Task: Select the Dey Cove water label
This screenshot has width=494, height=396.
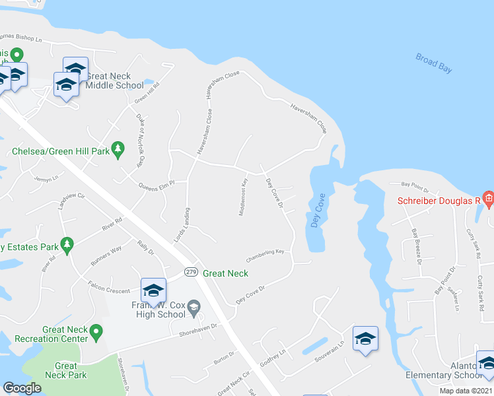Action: (316, 211)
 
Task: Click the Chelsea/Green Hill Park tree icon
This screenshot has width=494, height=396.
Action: (118, 149)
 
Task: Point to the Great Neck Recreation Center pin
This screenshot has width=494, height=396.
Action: (96, 331)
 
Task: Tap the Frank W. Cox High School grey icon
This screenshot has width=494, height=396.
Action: (194, 306)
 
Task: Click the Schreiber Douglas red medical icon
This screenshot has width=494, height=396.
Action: (488, 199)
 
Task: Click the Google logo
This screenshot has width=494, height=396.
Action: (22, 388)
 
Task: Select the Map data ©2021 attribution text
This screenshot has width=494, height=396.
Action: (466, 391)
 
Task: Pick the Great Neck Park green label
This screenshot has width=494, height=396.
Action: (66, 370)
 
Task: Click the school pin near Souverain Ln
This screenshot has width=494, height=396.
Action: (365, 339)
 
